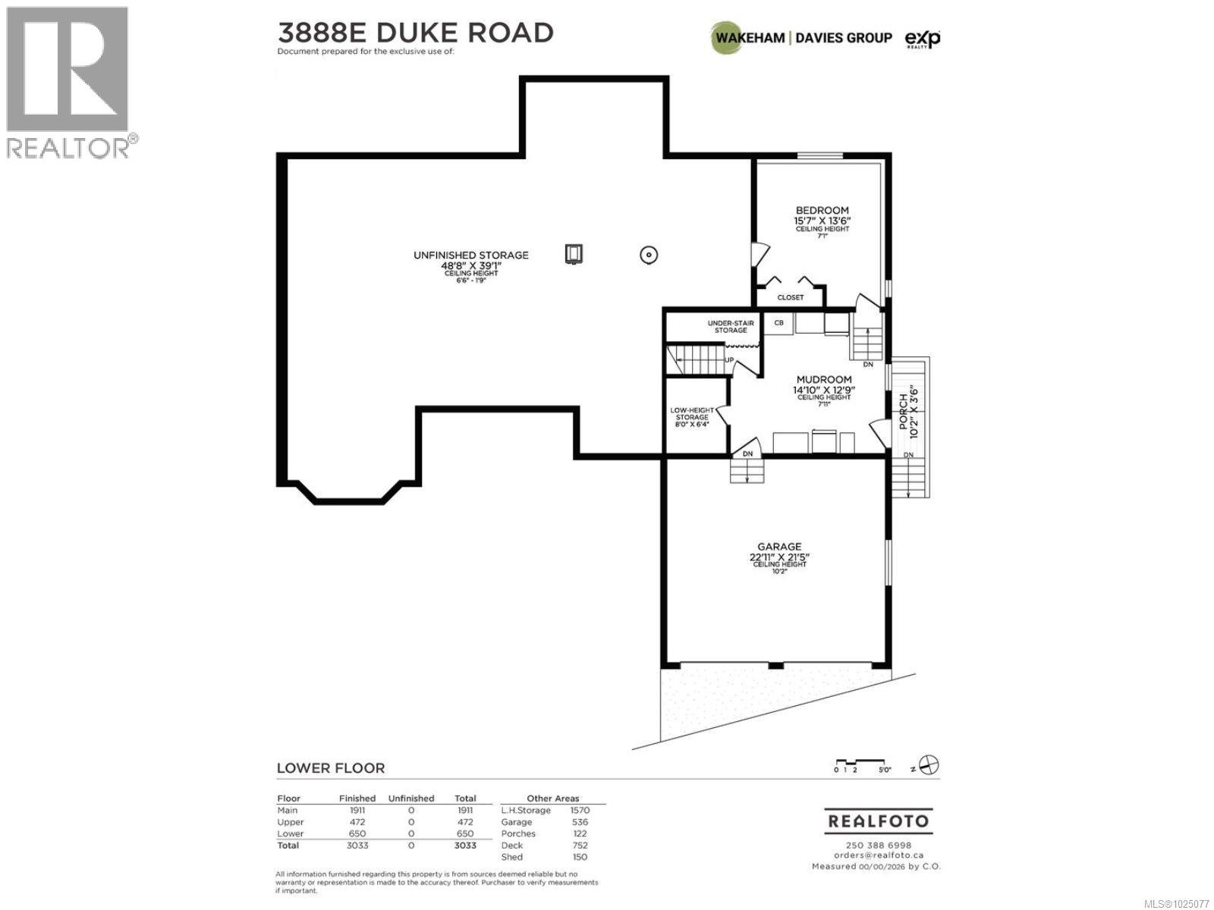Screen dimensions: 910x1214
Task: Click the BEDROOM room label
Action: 822,210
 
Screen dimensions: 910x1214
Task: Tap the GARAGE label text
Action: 779,546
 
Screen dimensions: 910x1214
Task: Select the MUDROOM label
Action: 823,379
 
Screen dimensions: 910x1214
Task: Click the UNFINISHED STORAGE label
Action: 470,255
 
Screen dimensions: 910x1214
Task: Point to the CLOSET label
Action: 790,297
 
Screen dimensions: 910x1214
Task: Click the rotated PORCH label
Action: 904,412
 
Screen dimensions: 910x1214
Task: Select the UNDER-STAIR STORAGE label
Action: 731,326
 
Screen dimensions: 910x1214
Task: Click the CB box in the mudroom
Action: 778,322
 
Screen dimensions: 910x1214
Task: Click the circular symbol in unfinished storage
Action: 649,256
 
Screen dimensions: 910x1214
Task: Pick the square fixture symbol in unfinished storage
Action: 574,253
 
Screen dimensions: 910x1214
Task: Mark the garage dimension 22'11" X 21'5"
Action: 779,557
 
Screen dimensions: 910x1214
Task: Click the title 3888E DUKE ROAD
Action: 415,33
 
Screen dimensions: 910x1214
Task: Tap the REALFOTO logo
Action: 878,821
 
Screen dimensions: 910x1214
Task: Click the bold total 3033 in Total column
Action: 465,845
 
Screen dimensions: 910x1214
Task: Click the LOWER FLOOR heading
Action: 330,767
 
